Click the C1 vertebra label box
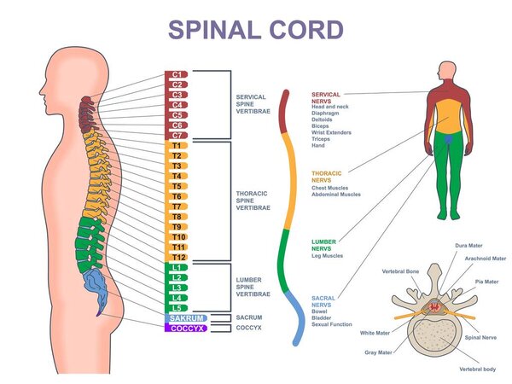(x=177, y=74)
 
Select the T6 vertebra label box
(x=177, y=196)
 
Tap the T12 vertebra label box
(x=177, y=257)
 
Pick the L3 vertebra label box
(x=177, y=288)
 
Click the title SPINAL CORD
(x=256, y=28)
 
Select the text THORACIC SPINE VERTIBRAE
(x=253, y=200)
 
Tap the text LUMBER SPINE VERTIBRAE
(x=253, y=286)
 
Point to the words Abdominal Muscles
(x=336, y=195)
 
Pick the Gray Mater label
(x=382, y=352)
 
